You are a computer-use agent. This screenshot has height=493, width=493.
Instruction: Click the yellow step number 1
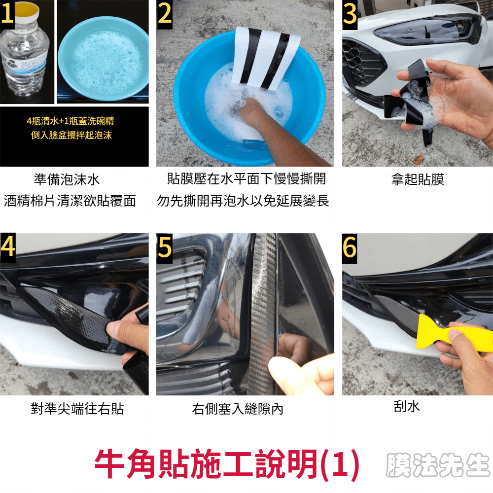[x=7, y=14]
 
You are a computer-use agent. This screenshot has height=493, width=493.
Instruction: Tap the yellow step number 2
[x=165, y=14]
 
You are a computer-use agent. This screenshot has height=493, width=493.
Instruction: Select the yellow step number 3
[x=350, y=14]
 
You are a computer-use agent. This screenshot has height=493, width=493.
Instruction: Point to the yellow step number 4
[x=8, y=247]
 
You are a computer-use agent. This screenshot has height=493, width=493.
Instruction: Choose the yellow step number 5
[x=165, y=247]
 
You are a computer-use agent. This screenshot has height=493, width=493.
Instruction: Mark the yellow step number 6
[x=350, y=247]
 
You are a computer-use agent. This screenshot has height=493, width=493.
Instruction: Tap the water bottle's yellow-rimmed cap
[x=27, y=10]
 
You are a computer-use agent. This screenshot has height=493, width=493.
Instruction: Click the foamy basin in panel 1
[x=103, y=59]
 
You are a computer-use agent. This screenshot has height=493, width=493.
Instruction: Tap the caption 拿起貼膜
[x=417, y=179]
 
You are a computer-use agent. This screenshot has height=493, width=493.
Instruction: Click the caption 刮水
[x=407, y=406]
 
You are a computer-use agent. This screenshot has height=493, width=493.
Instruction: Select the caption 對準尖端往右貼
[x=77, y=409]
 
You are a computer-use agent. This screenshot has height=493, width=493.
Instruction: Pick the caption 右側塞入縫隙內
[x=238, y=409]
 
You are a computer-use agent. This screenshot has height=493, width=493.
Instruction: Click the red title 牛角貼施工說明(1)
[x=227, y=464]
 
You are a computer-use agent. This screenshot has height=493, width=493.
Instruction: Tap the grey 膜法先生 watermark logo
[x=437, y=465]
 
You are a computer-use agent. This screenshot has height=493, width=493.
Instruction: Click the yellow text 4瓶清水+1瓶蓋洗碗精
[x=70, y=121]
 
